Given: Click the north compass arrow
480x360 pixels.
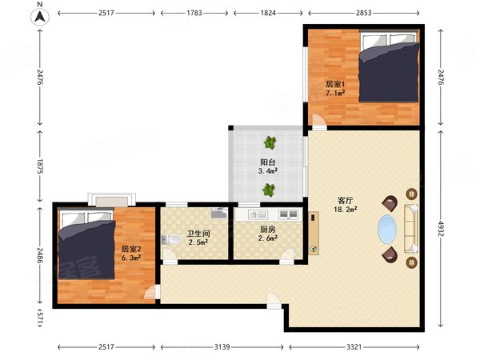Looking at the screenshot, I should click(x=38, y=15).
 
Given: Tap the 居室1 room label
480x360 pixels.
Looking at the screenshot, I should click(x=335, y=83).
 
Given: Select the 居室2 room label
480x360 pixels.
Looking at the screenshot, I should click(x=131, y=249).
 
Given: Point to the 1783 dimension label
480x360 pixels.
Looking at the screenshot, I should click(x=196, y=14).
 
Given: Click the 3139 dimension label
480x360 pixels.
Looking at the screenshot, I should click(x=224, y=347).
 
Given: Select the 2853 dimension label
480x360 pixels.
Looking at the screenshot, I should click(x=363, y=14).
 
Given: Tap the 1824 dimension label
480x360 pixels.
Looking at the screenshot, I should click(x=268, y=14).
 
